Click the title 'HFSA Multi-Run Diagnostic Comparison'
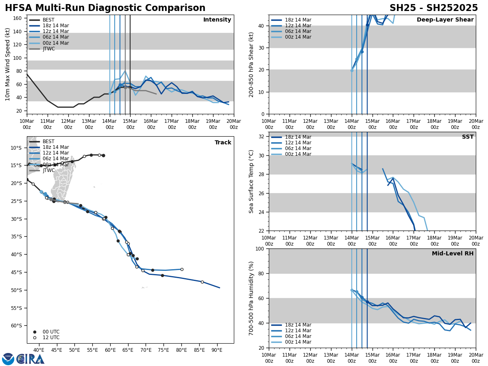pyautogui.click(x=105, y=8)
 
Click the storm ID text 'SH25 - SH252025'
pyautogui.click(x=434, y=8)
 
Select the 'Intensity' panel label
pyautogui.click(x=217, y=20)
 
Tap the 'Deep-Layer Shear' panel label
pyautogui.click(x=445, y=20)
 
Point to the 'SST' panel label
pyautogui.click(x=467, y=137)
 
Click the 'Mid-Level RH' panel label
pyautogui.click(x=453, y=254)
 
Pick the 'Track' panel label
pyautogui.click(x=223, y=143)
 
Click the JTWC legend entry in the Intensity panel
pyautogui.click(x=48, y=49)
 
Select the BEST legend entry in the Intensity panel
pyautogui.click(x=48, y=20)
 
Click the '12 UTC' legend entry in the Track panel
pyautogui.click(x=51, y=338)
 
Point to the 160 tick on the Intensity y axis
pyautogui.click(x=18, y=18)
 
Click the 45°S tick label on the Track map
pyautogui.click(x=17, y=272)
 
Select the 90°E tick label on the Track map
pyautogui.click(x=217, y=350)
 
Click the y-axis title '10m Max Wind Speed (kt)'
pyautogui.click(x=8, y=64)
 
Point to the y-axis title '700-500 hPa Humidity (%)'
pyautogui.click(x=252, y=298)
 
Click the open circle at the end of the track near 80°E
pyautogui.click(x=182, y=269)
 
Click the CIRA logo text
pyautogui.click(x=30, y=359)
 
